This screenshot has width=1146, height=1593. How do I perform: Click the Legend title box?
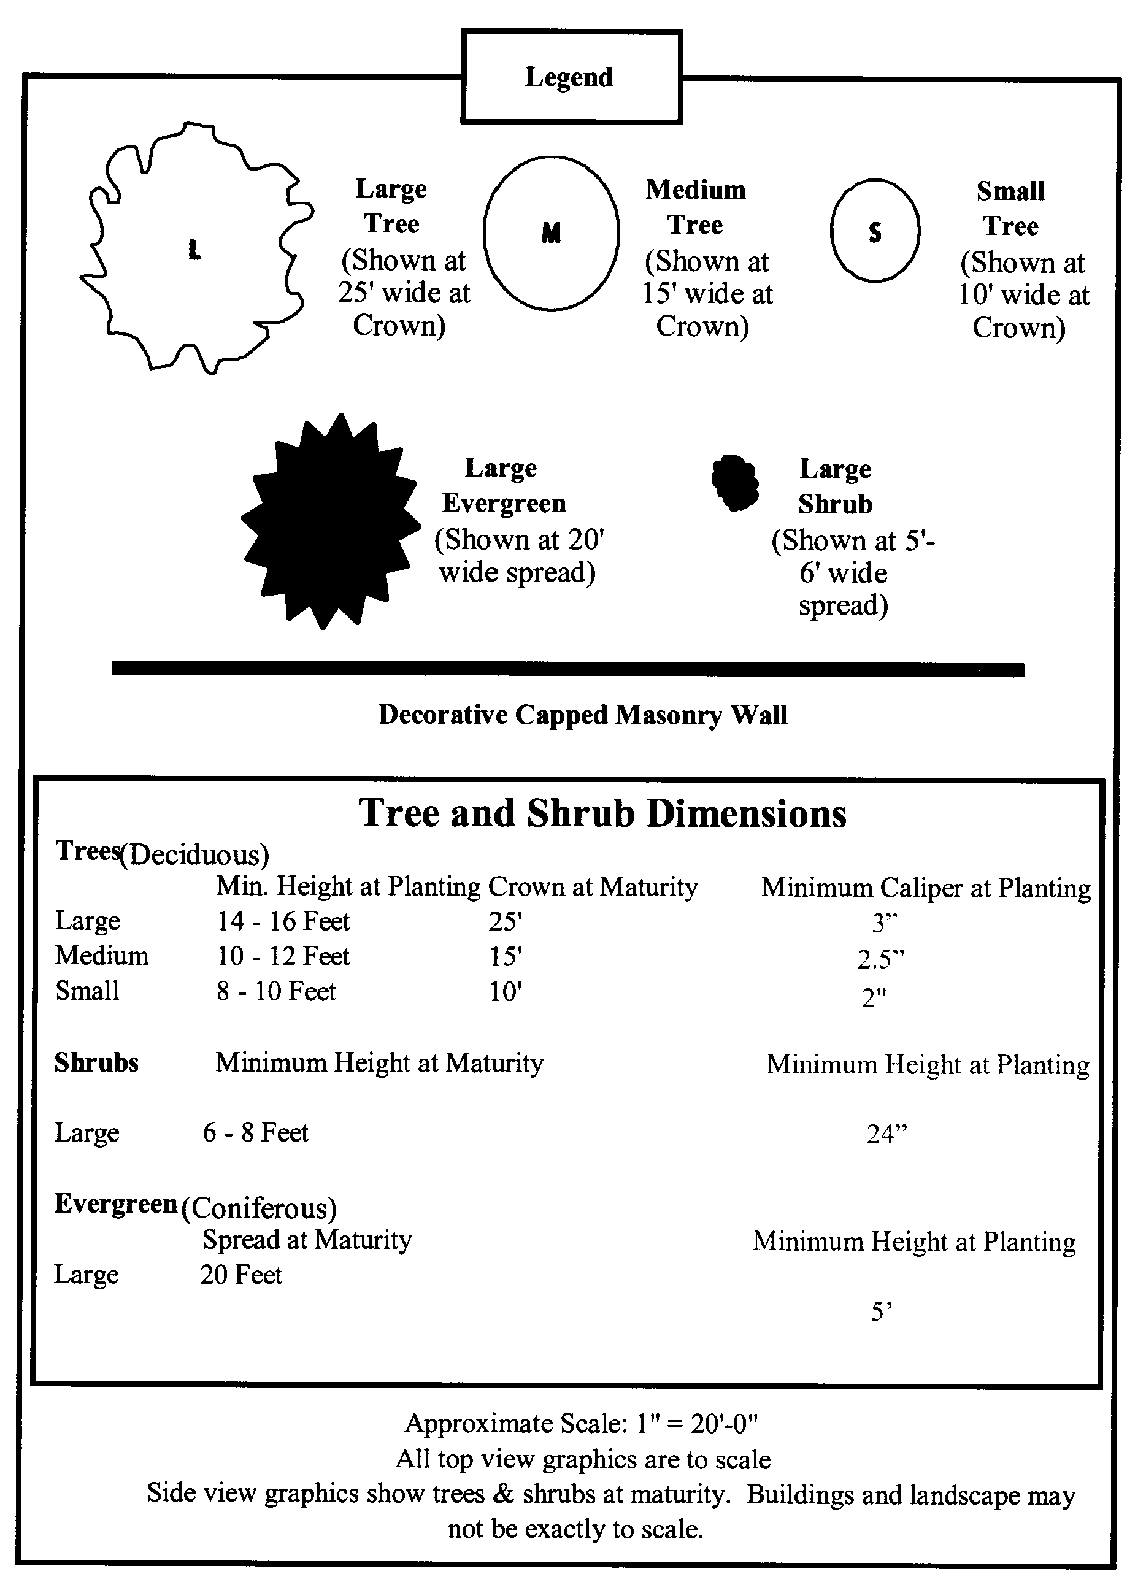pos(571,77)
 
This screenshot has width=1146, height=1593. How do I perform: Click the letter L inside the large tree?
pos(194,249)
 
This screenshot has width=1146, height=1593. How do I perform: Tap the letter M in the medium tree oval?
pos(551,232)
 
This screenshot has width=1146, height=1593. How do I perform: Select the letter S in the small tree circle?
pos(875,232)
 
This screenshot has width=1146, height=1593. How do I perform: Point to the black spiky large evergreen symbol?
pos(330,521)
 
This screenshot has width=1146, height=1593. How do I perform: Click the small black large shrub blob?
pos(735,482)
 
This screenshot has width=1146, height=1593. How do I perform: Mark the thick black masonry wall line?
pos(567,669)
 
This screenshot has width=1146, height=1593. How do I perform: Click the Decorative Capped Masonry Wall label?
pos(582,715)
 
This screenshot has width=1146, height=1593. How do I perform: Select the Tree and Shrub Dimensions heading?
pos(602,813)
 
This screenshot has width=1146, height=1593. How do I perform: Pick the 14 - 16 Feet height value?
pos(282,921)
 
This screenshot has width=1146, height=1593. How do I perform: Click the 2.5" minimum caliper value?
pos(881,959)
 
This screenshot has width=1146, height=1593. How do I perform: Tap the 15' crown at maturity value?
pos(505,956)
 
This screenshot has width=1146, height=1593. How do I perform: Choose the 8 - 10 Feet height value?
pos(276,991)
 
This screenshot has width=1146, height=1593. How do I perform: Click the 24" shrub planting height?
pos(886,1134)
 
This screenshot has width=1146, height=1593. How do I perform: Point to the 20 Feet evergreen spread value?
pos(240,1274)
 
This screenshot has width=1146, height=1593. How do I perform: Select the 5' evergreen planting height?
pos(881,1311)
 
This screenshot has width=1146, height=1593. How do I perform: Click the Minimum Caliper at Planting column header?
pos(925,888)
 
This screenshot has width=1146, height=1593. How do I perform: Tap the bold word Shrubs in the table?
pos(96,1062)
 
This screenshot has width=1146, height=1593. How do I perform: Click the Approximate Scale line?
pos(582,1424)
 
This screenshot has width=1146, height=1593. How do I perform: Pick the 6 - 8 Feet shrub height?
pos(255,1132)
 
